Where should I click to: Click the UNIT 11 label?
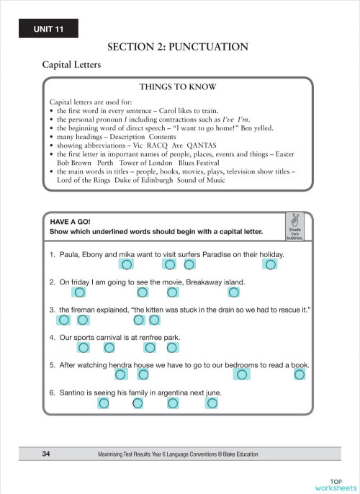tap(48, 28)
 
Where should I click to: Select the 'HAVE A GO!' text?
tap(70, 222)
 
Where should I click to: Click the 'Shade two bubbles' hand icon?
tap(294, 225)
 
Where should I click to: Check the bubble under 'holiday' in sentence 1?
tap(270, 265)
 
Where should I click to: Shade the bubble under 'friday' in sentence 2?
tap(80, 292)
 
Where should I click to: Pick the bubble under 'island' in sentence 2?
tap(233, 292)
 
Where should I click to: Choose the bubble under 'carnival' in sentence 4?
tap(109, 348)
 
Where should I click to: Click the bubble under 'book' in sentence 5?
tap(300, 374)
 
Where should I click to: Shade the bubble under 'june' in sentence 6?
tap(211, 403)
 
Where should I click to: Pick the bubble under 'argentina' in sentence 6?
tap(173, 403)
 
